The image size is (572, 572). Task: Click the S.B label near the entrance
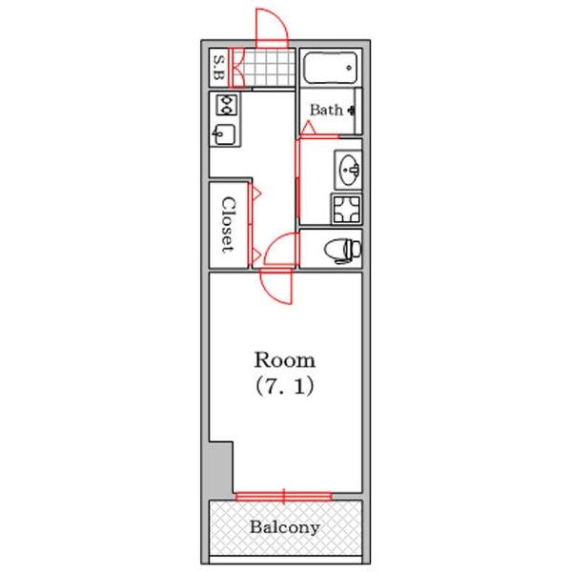point(219,68)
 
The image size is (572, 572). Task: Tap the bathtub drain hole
point(349,68)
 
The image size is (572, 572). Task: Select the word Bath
point(326,110)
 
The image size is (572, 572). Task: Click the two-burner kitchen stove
point(227,105)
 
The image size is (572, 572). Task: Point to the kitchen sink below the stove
point(224,134)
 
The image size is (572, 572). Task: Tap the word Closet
point(228,225)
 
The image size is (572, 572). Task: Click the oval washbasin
point(349,170)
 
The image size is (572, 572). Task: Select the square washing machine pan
point(346,209)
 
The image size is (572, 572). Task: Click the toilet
point(343,250)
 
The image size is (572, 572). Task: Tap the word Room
point(284,360)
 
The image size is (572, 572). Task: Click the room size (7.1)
point(284,386)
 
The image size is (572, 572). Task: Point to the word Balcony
point(284,527)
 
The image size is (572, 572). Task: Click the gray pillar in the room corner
point(221,471)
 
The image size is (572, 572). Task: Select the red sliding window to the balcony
point(283,497)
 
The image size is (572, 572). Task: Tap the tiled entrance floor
point(264,68)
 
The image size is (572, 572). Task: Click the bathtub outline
point(330,68)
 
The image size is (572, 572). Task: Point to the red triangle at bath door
point(309,128)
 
